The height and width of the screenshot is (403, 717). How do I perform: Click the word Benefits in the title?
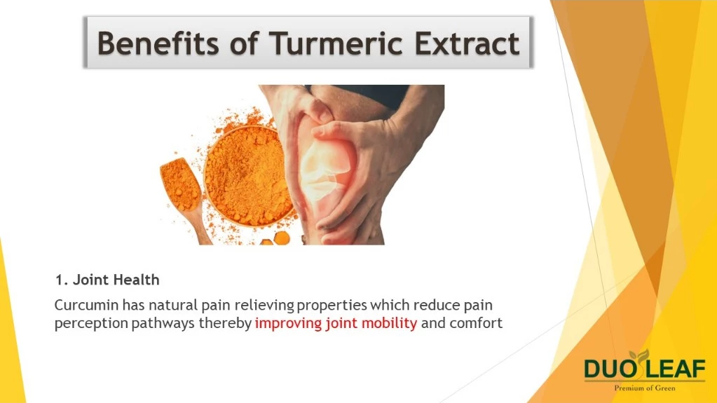[x=158, y=43]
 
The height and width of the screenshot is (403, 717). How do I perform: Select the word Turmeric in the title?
[x=336, y=43]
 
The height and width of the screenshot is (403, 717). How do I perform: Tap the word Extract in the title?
[x=467, y=43]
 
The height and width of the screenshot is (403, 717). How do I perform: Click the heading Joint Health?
[x=116, y=280]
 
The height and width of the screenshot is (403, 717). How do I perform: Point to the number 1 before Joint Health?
[x=59, y=280]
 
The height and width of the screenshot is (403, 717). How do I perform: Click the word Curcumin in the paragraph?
[x=86, y=305]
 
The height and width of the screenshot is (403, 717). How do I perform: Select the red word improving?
[x=289, y=323]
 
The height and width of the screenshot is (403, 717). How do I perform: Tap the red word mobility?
[x=389, y=323]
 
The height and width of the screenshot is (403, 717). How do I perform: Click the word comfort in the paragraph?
[x=476, y=323]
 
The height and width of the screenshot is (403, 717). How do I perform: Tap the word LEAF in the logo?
[x=676, y=369]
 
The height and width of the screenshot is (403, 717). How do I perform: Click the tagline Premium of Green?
[x=645, y=388]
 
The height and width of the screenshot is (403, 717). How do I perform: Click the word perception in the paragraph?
[x=91, y=324]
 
